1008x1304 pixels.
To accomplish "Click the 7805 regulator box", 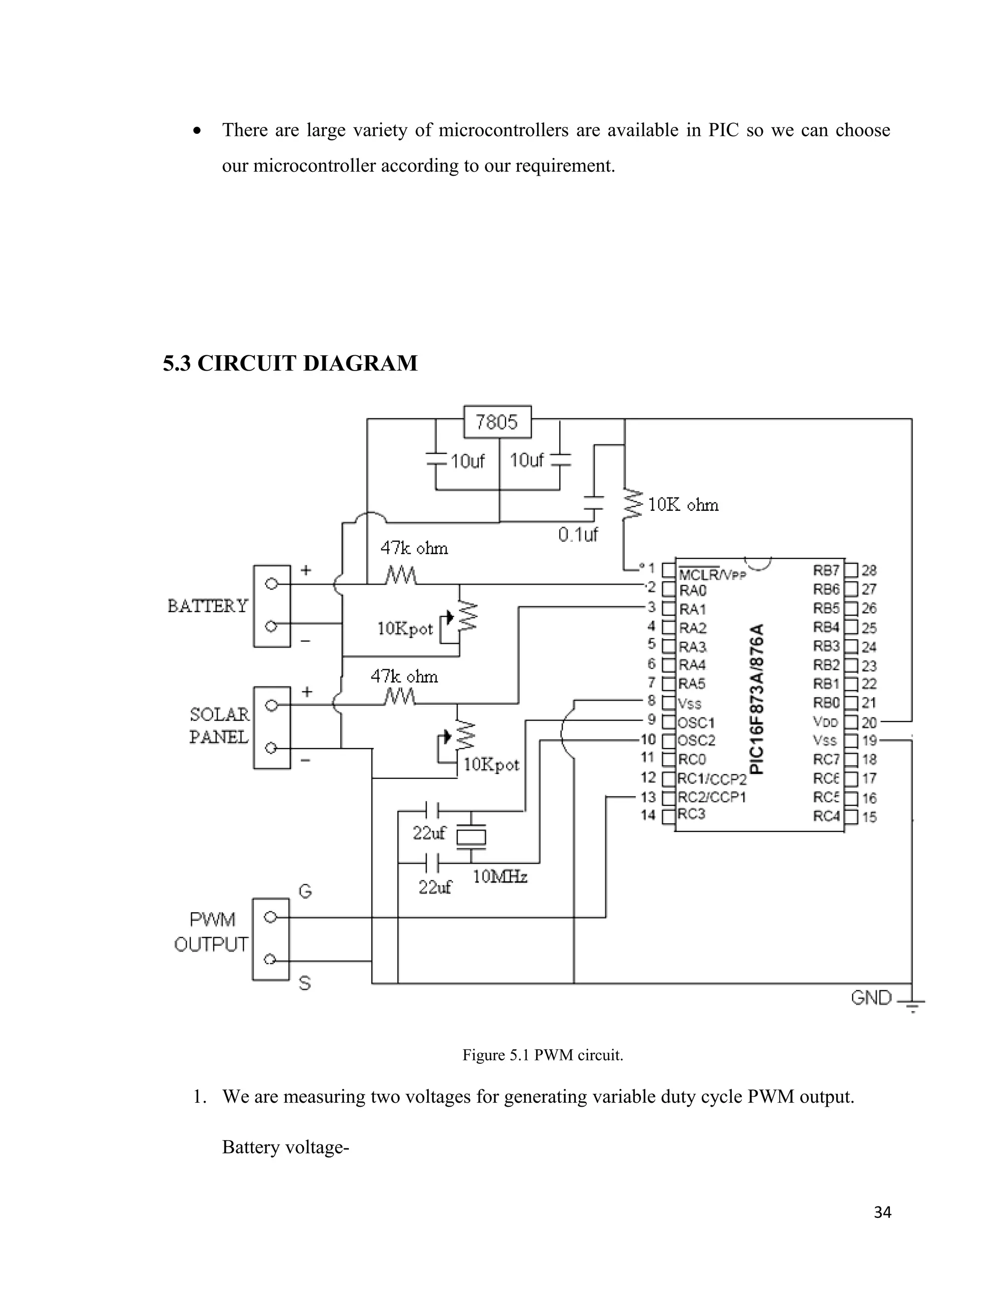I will [497, 422].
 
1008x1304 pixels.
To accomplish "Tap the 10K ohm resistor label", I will [683, 505].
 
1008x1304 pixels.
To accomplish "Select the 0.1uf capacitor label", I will [577, 534].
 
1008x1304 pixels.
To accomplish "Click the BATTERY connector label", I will [207, 606].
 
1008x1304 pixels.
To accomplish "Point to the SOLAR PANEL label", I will [219, 725].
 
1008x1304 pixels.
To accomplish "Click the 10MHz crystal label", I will [500, 876].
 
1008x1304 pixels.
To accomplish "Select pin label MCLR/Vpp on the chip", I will [712, 574].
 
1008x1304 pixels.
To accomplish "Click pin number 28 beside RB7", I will [869, 571].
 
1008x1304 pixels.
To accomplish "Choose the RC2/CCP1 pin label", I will [712, 797].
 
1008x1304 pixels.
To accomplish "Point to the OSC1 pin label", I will [696, 722].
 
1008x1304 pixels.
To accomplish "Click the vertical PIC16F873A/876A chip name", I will [756, 699].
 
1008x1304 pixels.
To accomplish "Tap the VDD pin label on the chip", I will [825, 722].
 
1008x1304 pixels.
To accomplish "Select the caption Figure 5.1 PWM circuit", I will [542, 1055].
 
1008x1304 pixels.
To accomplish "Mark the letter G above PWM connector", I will [305, 892].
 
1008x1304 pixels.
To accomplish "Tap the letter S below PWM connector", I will [305, 983].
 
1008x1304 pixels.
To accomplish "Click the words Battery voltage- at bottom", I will [285, 1147].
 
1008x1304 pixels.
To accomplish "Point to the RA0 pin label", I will [693, 590].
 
